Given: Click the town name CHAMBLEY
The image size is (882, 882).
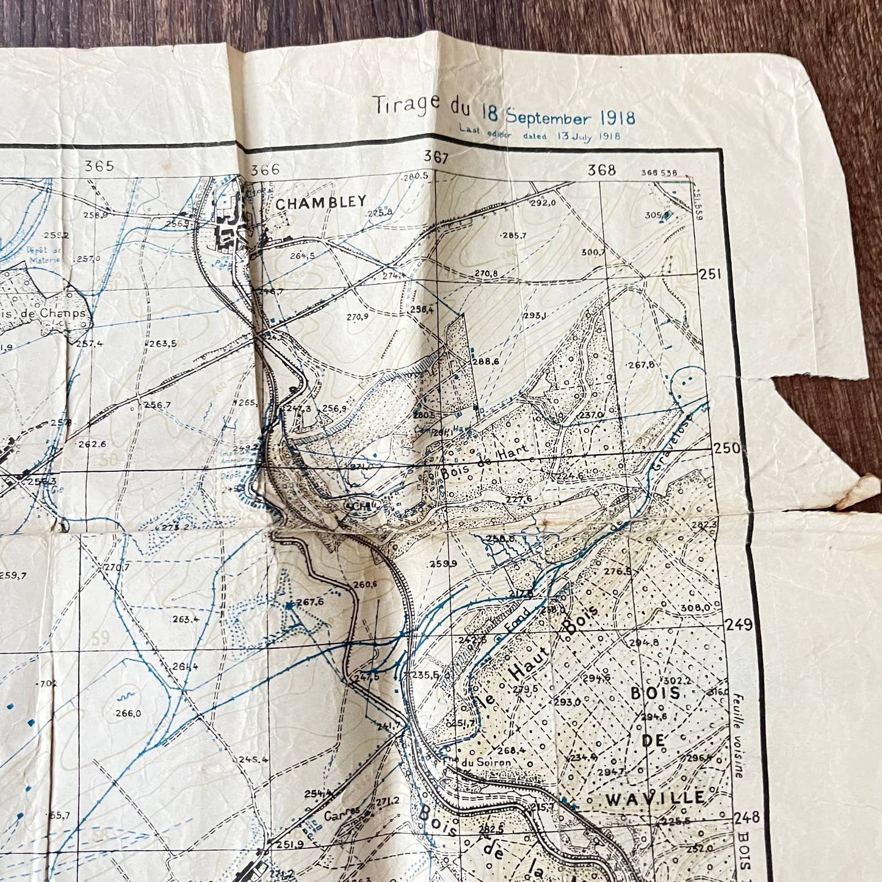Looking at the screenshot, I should click(x=320, y=202).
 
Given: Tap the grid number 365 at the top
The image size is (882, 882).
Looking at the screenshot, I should click(x=99, y=166).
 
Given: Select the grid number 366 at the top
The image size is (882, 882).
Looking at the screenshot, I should click(x=265, y=170).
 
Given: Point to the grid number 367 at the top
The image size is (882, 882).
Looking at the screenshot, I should click(x=436, y=157).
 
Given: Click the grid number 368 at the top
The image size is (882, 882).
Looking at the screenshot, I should click(x=601, y=170).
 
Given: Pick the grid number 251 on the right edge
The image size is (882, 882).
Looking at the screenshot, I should click(x=710, y=275).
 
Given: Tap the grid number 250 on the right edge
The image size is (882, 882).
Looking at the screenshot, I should click(x=726, y=447).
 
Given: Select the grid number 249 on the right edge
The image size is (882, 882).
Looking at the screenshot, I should click(x=739, y=624).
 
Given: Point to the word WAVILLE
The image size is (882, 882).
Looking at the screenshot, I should click(x=655, y=797).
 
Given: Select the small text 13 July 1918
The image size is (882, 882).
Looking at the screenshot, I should click(x=588, y=136).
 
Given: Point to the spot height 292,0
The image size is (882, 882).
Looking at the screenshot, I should click(x=543, y=204).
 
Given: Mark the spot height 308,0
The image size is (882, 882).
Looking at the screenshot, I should click(x=696, y=607).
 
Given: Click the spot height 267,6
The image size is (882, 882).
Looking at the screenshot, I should click(x=310, y=602).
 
